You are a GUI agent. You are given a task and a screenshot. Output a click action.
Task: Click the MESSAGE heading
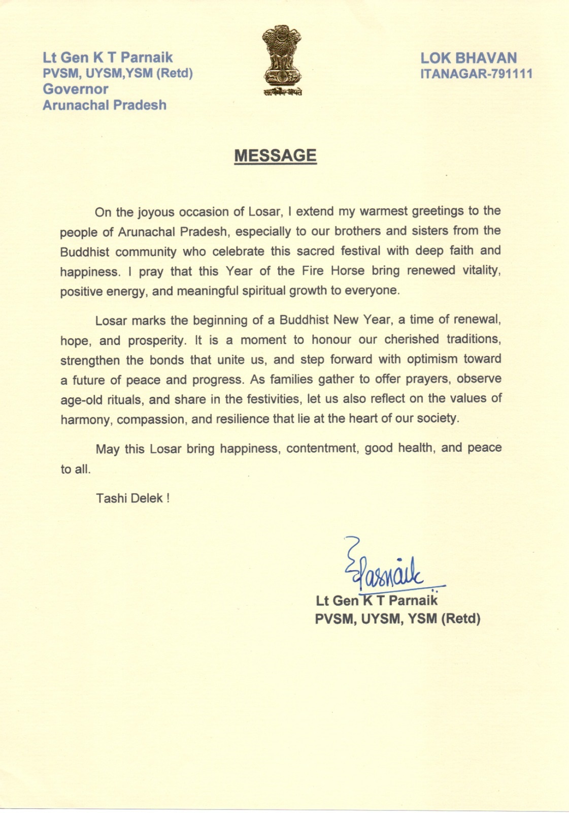click(x=275, y=155)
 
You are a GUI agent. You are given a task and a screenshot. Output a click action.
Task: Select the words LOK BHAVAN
click(x=468, y=58)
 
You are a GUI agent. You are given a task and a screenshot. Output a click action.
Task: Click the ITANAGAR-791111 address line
click(x=476, y=74)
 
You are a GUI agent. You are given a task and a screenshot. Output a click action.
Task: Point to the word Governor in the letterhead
click(x=75, y=89)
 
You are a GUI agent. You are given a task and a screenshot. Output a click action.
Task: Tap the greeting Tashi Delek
click(x=132, y=498)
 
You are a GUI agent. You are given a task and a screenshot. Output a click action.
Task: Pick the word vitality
click(x=481, y=270)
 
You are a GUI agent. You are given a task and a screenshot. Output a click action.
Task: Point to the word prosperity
click(x=157, y=340)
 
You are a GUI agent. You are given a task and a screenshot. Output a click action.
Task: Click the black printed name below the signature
click(x=376, y=601)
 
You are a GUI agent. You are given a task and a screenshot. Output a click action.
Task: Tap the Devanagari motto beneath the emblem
click(x=283, y=92)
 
